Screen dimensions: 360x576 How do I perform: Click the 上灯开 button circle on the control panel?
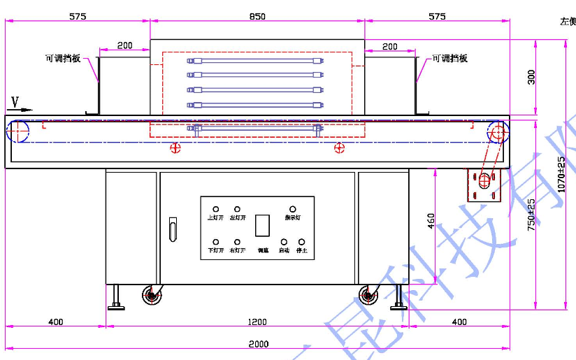tap(216, 209)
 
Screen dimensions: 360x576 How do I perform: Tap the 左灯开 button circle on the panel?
tap(238, 209)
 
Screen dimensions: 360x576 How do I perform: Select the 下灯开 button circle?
tap(216, 242)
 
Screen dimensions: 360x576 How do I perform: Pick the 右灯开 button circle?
tap(238, 242)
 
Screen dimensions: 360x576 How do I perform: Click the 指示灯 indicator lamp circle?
tap(293, 209)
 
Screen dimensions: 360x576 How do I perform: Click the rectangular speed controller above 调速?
tap(263, 226)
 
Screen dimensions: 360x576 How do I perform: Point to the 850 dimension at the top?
tap(257, 16)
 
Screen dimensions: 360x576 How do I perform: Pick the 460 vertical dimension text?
tap(431, 221)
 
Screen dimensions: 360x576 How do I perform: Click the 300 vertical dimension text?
tap(532, 77)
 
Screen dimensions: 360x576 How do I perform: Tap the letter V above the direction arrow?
tap(15, 101)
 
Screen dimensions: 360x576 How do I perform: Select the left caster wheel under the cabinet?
tap(152, 295)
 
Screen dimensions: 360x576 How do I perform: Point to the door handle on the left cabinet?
tap(173, 229)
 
